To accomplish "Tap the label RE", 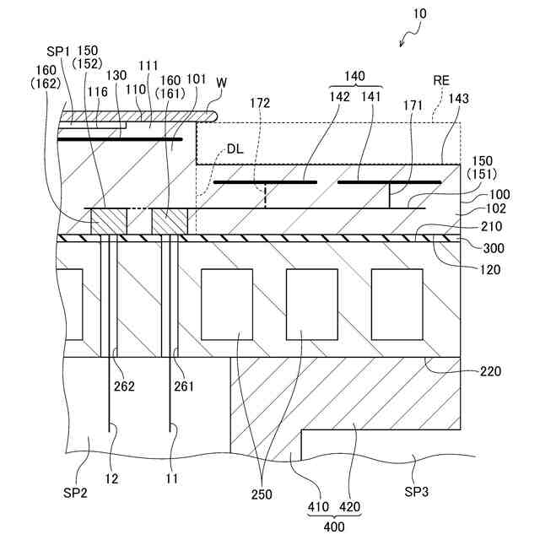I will [441, 80].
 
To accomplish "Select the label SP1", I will [57, 51].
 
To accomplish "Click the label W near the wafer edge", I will [221, 83].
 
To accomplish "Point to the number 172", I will [260, 104].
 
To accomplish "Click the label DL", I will [236, 149].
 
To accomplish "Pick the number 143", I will [483, 99].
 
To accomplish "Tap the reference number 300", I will [490, 249].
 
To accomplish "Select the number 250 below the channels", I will [262, 494].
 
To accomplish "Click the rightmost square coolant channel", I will [397, 304].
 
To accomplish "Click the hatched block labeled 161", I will [169, 222].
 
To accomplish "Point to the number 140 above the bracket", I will [355, 76].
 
